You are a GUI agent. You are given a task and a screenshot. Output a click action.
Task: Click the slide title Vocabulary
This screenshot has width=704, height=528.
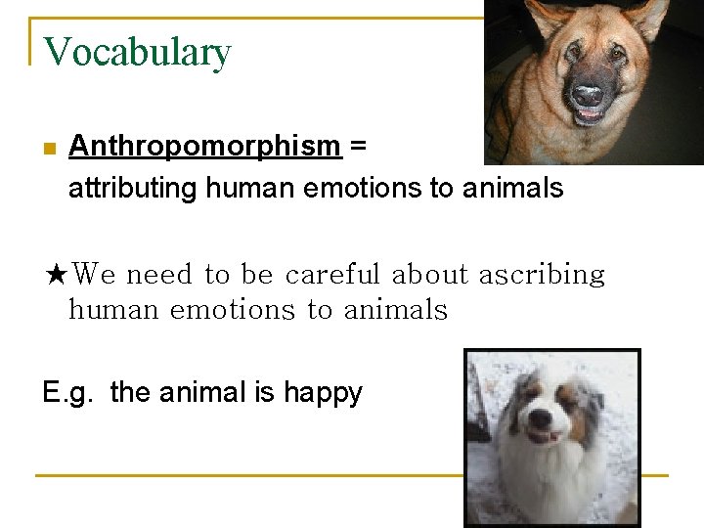137,52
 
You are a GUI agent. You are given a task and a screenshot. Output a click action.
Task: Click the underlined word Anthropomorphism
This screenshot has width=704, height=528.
204,147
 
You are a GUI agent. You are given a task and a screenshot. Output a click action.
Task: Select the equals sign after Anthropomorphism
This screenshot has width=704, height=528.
358,148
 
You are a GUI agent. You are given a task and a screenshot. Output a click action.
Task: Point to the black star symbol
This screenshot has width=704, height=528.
57,275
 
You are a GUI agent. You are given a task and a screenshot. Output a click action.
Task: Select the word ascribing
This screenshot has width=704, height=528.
541,276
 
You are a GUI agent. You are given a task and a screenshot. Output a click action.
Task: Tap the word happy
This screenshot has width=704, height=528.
323,394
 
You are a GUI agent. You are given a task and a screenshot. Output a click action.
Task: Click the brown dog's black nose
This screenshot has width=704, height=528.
587,95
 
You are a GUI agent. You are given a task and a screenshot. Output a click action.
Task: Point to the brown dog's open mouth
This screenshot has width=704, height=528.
589,115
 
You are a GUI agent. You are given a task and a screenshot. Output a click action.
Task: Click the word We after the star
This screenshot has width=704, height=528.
96,275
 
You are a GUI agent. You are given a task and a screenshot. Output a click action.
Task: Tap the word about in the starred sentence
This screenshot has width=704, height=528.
430,275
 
